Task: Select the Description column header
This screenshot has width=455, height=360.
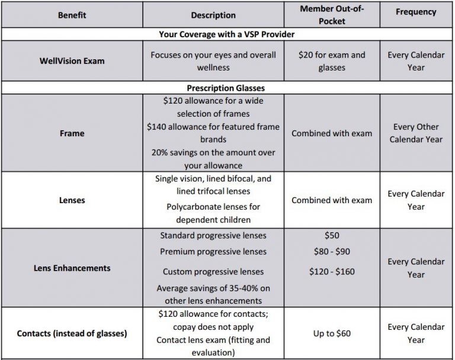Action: point(213,15)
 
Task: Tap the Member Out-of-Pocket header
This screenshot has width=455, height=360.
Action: point(332,15)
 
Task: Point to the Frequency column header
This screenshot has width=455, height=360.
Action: point(415,11)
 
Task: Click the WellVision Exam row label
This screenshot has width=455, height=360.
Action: point(72,61)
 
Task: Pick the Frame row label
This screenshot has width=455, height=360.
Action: point(72,133)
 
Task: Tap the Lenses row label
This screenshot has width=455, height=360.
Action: point(72,200)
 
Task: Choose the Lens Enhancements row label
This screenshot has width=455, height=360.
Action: point(72,268)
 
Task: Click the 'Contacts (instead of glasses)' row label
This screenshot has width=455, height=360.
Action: point(72,333)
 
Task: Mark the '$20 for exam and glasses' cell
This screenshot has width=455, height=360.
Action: point(332,61)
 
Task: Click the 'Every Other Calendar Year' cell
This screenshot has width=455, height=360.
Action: point(415,133)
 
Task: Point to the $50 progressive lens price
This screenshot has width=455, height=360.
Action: point(332,235)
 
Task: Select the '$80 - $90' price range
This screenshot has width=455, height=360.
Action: point(332,252)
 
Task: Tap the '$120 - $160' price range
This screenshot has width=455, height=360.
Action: point(332,272)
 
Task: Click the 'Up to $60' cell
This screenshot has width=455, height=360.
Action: point(332,333)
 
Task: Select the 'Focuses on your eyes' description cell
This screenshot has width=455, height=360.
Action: point(213,61)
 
